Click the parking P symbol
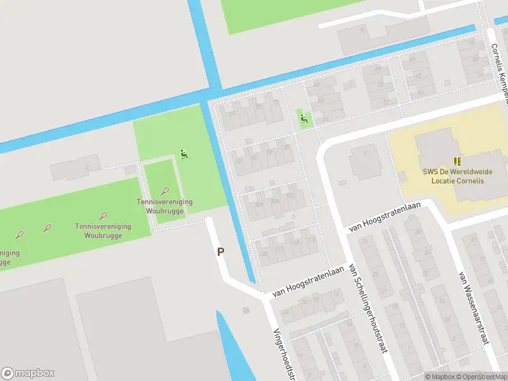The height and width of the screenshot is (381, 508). [x=221, y=251]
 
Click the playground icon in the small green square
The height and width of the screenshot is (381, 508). [x=304, y=117]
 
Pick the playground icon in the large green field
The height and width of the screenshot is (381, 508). [x=184, y=153]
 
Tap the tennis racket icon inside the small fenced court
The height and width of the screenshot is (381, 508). [x=165, y=190]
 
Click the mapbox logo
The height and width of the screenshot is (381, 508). [x=28, y=373]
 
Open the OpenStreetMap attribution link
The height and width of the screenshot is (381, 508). [x=480, y=377]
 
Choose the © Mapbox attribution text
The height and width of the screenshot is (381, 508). [x=440, y=377]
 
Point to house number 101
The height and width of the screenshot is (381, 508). [x=291, y=196]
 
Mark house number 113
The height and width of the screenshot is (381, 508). [x=311, y=239]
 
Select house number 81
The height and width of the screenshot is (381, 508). [x=384, y=102]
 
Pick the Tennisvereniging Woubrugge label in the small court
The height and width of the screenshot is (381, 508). [x=165, y=206]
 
